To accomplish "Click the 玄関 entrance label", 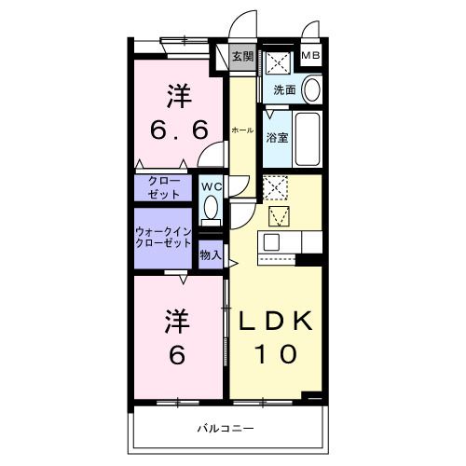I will click(241, 56).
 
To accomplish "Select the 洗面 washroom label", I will click(284, 90).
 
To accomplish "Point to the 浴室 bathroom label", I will click(277, 137).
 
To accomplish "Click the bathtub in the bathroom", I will click(307, 138).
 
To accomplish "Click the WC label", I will click(211, 185).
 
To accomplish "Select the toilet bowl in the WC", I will click(211, 206).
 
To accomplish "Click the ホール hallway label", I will click(241, 130).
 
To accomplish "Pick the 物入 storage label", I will click(211, 254).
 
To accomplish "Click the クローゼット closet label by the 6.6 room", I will click(163, 188).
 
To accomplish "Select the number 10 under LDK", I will click(277, 354).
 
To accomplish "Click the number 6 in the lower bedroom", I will click(178, 354).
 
